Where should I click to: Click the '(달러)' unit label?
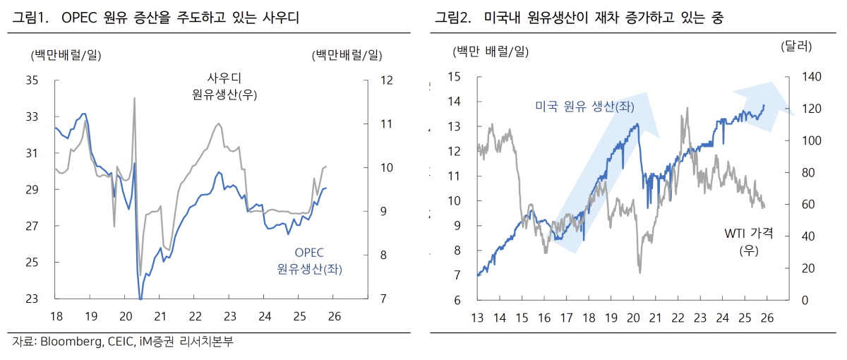tap(796, 47)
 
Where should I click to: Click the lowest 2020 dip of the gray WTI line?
tap(639, 272)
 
